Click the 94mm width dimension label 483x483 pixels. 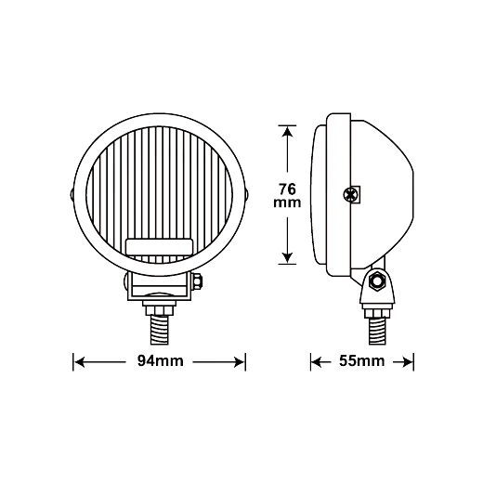coord(161,361)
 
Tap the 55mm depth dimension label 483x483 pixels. coord(362,361)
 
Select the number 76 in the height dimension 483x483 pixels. coord(287,189)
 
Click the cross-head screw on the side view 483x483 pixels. coord(351,195)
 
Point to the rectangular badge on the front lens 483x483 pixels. coord(159,247)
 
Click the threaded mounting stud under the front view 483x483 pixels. coord(160,331)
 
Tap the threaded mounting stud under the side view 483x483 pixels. coord(377,332)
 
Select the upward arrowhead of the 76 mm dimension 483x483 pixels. coord(288,132)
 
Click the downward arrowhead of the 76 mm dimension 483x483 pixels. coord(288,258)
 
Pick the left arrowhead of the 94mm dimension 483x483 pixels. coord(80,362)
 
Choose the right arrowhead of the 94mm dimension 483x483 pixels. coord(240,362)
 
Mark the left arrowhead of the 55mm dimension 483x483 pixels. coord(317,362)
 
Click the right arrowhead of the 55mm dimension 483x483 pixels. coord(408,362)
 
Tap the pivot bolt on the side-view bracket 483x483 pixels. coord(377,281)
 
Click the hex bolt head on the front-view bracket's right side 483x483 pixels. coord(197,281)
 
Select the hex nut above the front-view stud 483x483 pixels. coord(159,311)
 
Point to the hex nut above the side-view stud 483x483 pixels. coord(377,313)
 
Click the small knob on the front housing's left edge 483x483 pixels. coord(72,195)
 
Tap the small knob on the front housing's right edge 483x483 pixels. coord(247,195)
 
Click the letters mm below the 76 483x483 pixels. coord(287,202)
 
